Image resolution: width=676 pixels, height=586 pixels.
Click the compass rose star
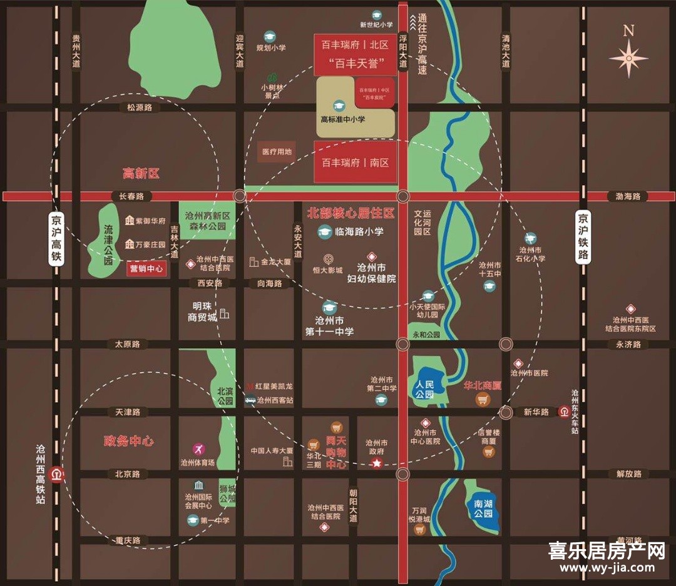(628, 58)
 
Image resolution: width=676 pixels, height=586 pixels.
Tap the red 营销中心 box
(146, 270)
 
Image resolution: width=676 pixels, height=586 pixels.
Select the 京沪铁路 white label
(583, 236)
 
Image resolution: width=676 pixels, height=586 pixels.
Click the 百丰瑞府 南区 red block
(356, 163)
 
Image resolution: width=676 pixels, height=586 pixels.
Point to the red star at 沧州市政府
(377, 463)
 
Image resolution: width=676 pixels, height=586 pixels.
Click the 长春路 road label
(131, 196)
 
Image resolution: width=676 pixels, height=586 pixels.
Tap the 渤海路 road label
(628, 196)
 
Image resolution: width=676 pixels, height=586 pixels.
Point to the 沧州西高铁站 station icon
(58, 474)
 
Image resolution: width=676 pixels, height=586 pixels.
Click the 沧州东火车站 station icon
(565, 412)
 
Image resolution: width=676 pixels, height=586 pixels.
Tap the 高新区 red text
(141, 173)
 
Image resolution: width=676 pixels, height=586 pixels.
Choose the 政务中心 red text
(129, 441)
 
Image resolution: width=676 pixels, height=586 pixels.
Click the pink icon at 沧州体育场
(198, 449)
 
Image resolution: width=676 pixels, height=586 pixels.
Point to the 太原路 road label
(127, 344)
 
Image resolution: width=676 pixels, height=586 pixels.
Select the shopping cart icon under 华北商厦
(483, 399)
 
